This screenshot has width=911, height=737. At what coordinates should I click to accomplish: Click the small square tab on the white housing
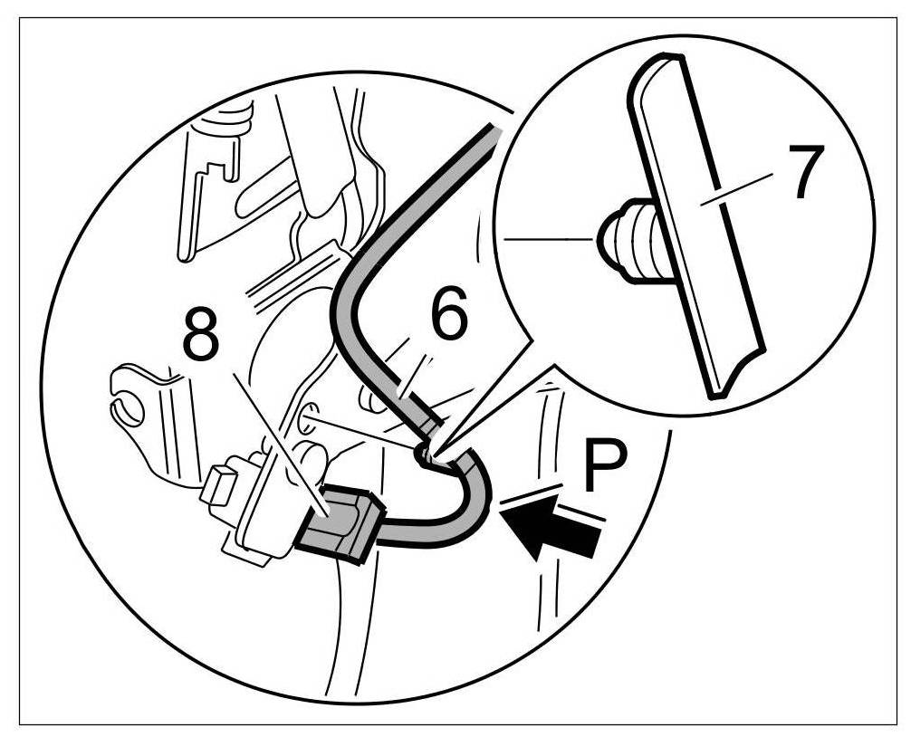coord(216,488)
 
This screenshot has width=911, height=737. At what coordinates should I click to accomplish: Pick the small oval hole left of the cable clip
coord(307,419)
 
